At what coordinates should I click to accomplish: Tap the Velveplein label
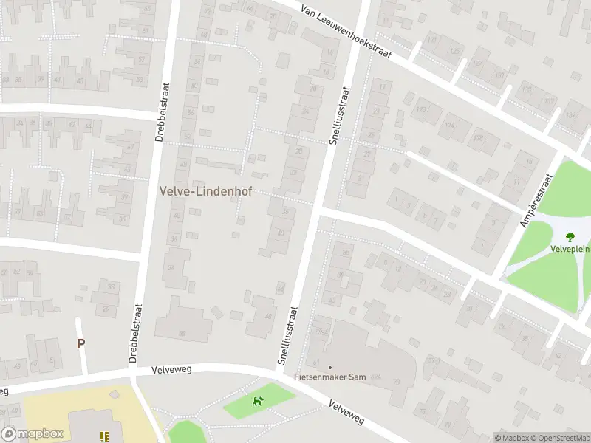pos(570,249)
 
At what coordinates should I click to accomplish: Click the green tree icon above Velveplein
pos(570,237)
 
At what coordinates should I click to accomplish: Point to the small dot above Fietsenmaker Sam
pos(330,367)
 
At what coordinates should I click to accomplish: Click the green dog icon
pos(258,402)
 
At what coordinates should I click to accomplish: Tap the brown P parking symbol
pos(81,343)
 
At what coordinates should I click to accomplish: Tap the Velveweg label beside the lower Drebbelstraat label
pos(171,369)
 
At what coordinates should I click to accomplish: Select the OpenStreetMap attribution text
pos(559,437)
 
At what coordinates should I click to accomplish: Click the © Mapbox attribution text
pos(510,437)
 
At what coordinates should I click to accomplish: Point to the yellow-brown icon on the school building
pos(104,436)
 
